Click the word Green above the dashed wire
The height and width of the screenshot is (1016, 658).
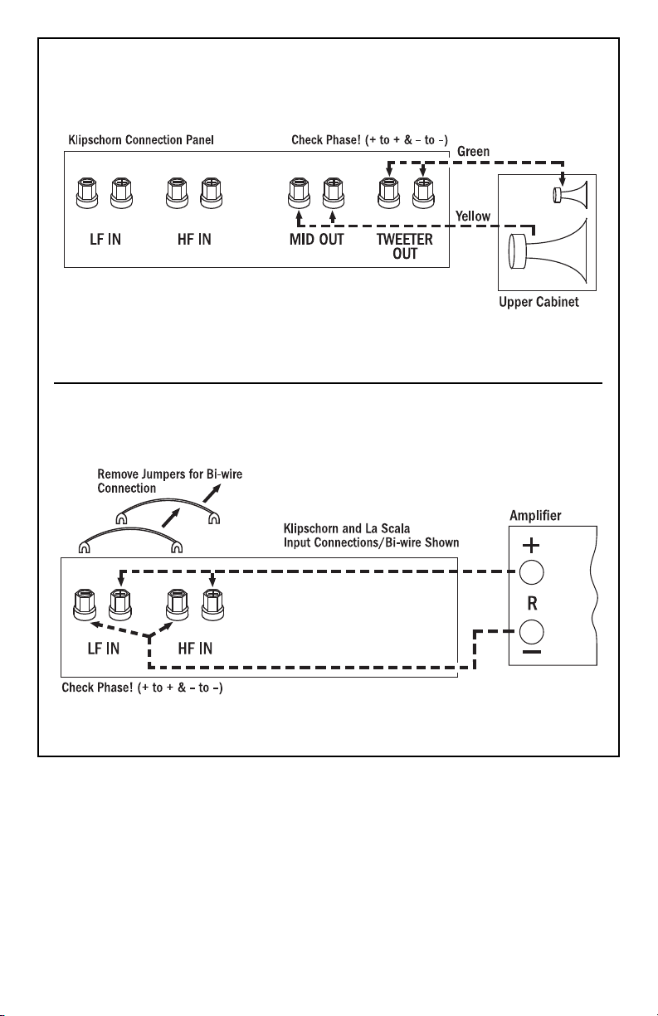point(473,152)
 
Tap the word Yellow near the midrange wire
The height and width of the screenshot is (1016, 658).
point(473,216)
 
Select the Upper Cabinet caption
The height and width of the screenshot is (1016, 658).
point(539,302)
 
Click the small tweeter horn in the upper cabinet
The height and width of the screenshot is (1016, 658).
point(570,195)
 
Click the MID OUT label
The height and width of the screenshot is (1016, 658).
point(317,240)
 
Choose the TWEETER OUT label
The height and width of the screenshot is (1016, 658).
point(405,246)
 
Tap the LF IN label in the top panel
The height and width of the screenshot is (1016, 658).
point(105,240)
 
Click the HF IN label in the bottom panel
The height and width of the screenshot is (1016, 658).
point(195,649)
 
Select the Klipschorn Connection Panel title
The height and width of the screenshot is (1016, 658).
point(141,139)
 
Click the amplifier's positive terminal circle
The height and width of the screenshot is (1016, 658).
point(531,572)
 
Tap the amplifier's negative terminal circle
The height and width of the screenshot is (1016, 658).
point(531,632)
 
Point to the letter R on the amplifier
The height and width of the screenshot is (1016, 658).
point(533,603)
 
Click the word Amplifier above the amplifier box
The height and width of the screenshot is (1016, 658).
point(535,516)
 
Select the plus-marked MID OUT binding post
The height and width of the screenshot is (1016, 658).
point(333,193)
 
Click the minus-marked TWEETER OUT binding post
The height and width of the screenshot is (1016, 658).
point(389,193)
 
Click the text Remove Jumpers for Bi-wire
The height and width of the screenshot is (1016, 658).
point(170,474)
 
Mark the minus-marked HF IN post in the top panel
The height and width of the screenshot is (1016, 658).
point(177,193)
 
